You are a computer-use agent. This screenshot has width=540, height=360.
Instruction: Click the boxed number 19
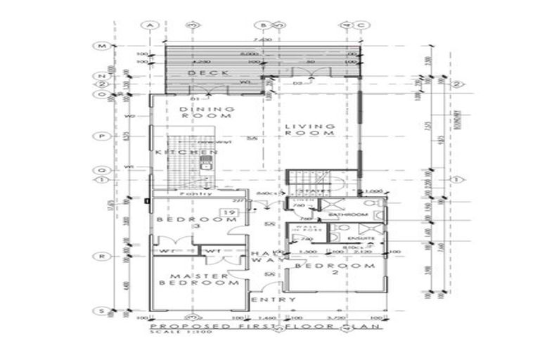point(229,212)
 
